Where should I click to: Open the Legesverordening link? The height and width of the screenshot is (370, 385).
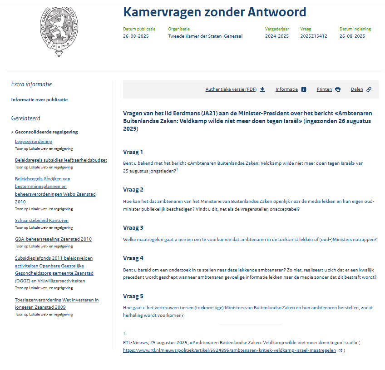[x=34, y=142]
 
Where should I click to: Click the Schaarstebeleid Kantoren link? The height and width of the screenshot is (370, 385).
[x=42, y=221]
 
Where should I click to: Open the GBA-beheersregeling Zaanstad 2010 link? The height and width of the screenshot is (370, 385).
[x=53, y=239]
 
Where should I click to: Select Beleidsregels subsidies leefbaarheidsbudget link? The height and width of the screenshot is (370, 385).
[x=61, y=160]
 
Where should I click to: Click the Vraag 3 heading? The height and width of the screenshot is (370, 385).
[x=133, y=227]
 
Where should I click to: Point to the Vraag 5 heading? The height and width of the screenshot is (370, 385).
[x=133, y=296]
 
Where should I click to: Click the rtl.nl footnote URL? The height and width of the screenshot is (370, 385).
[x=229, y=350]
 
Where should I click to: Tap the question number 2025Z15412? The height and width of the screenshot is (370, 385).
[x=313, y=36]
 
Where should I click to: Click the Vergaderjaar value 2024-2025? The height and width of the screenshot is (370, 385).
[x=276, y=36]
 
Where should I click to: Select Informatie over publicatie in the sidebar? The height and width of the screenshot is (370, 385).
[x=39, y=100]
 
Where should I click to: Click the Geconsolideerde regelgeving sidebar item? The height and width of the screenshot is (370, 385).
[x=46, y=132]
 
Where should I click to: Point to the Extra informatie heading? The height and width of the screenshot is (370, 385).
[x=31, y=84]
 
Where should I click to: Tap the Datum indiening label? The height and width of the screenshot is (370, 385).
[x=355, y=29]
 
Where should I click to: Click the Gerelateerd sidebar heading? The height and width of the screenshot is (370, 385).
[x=26, y=118]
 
